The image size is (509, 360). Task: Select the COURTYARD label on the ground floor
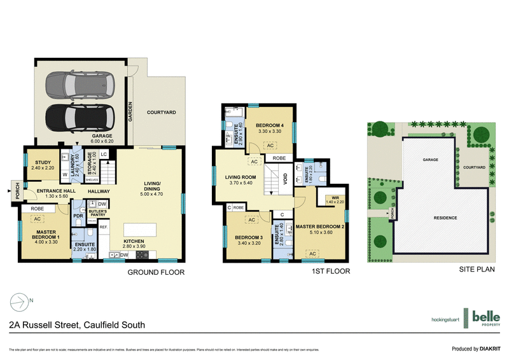[162, 112]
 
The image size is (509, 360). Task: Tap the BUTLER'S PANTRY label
[97, 213]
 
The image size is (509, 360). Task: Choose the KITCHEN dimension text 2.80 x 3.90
[134, 246]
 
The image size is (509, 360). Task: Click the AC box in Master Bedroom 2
[312, 254]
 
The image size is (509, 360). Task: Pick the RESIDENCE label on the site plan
[445, 218]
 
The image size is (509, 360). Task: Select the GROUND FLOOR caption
[155, 273]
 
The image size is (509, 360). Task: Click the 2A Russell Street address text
[77, 325]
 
